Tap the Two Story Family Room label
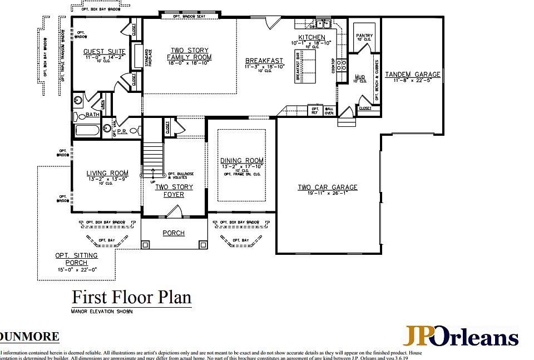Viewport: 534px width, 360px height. pyautogui.click(x=189, y=54)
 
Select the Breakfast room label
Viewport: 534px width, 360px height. pyautogui.click(x=264, y=61)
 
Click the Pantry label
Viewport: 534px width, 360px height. pyautogui.click(x=364, y=36)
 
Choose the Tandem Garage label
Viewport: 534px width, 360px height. pyautogui.click(x=412, y=75)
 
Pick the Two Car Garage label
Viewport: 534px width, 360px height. pyautogui.click(x=327, y=188)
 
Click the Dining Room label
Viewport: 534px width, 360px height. pyautogui.click(x=241, y=161)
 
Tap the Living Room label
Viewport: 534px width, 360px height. pyautogui.click(x=107, y=173)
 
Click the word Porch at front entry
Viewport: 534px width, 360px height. pyautogui.click(x=174, y=233)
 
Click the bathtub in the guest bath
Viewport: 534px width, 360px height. pyautogui.click(x=87, y=131)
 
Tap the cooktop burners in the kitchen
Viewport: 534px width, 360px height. pyautogui.click(x=341, y=65)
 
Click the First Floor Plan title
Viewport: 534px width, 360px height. pyautogui.click(x=132, y=297)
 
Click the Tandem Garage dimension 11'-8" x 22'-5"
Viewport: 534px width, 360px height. pyautogui.click(x=412, y=81)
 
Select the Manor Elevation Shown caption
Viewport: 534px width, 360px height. pyautogui.click(x=102, y=312)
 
